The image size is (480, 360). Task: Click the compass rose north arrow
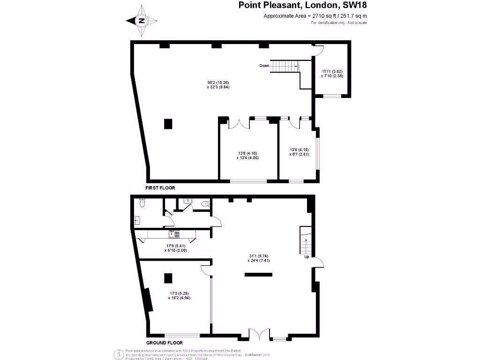click(142, 21)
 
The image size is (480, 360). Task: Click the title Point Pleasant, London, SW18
click(303, 6)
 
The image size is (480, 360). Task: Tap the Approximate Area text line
click(315, 16)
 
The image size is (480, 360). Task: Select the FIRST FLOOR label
click(160, 187)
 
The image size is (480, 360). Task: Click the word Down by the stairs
click(264, 66)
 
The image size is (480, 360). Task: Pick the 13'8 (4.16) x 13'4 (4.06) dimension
click(247, 155)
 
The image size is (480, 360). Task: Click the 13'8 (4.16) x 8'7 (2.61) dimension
click(299, 151)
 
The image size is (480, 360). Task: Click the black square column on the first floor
click(168, 124)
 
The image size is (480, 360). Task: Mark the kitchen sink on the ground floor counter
click(172, 233)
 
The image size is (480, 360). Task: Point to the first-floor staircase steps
click(284, 67)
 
